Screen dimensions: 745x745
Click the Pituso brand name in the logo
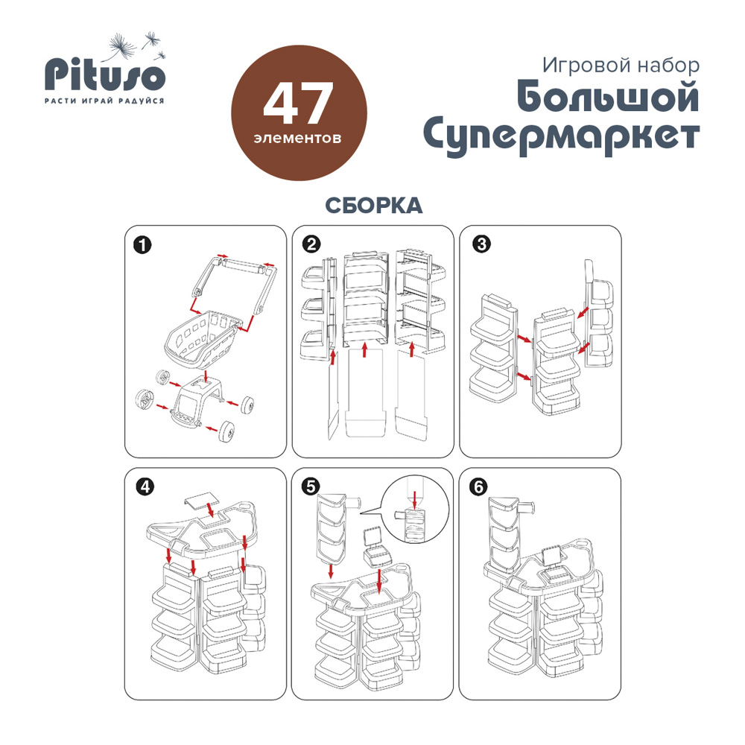(x=105, y=75)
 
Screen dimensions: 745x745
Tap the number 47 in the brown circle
(x=299, y=103)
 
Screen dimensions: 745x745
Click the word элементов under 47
(x=297, y=139)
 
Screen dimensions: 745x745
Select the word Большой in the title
(x=608, y=98)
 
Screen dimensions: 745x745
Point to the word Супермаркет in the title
(x=561, y=137)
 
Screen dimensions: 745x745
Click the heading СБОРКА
(x=374, y=206)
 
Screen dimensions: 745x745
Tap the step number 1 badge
(x=142, y=246)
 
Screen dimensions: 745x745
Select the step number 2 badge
(x=311, y=244)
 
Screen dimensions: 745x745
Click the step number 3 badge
(x=481, y=244)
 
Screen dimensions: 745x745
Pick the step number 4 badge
(x=145, y=486)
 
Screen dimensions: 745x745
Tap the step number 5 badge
(x=311, y=486)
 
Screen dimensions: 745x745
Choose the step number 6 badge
(x=478, y=487)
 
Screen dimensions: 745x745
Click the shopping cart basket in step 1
(x=201, y=339)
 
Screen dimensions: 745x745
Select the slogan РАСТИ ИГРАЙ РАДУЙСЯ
(x=104, y=101)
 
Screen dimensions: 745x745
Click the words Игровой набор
(x=621, y=66)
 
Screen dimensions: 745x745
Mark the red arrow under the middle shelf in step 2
(x=364, y=349)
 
